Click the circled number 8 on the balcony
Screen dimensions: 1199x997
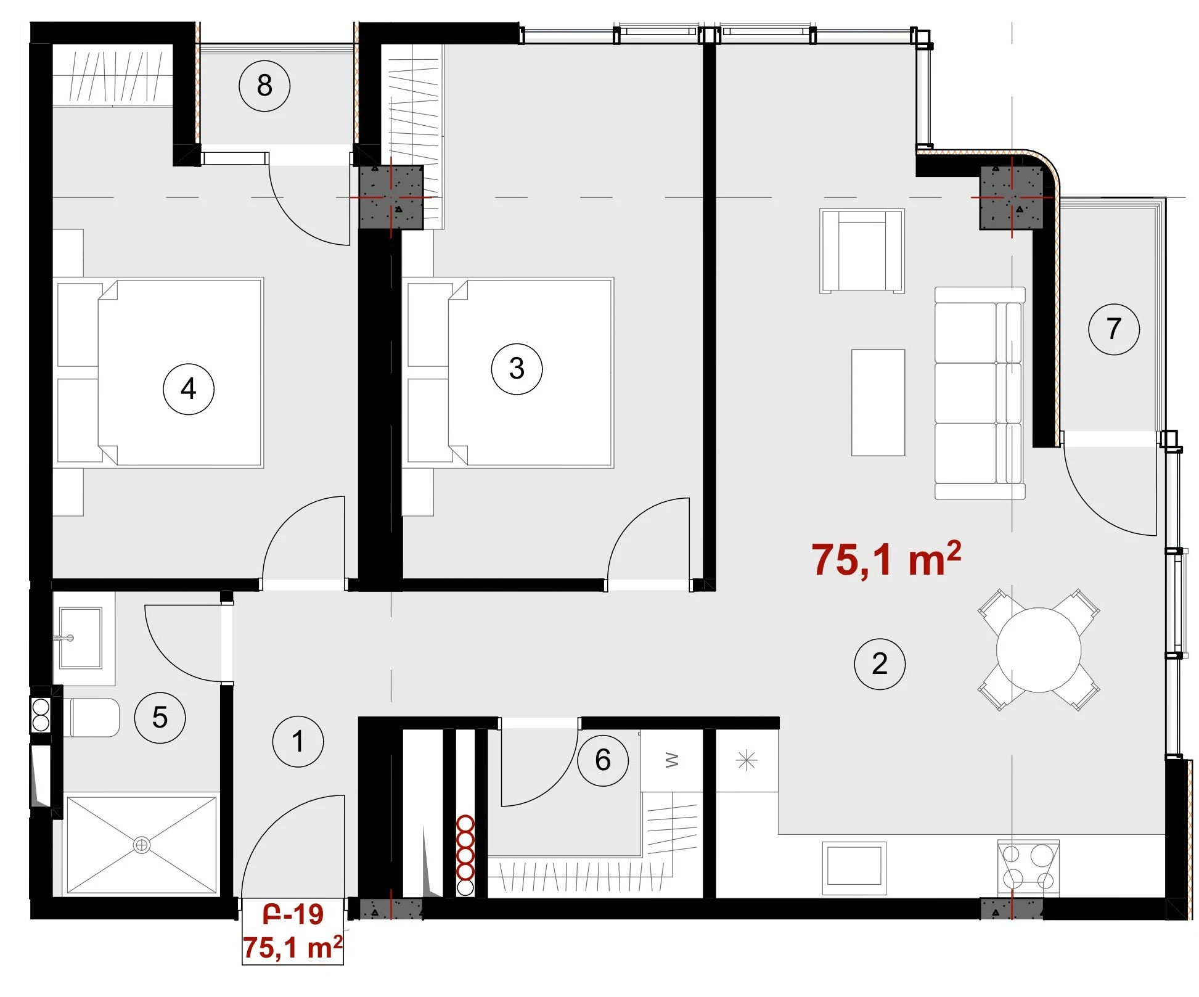pos(264,86)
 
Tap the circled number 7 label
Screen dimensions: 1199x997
pos(1114,329)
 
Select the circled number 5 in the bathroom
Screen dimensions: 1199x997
pos(160,718)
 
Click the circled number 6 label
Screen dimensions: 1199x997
pos(603,760)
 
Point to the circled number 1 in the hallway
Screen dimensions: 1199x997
pos(298,741)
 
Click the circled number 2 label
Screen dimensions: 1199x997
pos(880,663)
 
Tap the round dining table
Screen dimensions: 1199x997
pos(1039,650)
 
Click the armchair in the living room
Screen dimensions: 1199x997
pos(862,251)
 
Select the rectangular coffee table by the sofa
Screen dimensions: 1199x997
pos(878,403)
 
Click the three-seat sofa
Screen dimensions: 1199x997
pos(980,393)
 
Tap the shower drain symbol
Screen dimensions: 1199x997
pos(142,845)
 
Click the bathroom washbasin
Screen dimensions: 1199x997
pos(80,638)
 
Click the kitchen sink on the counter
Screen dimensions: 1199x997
pos(854,868)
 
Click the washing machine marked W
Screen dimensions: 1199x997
pos(672,761)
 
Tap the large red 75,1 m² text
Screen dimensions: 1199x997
pos(886,559)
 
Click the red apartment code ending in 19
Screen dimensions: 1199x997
pos(293,914)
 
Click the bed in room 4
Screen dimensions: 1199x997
pos(160,372)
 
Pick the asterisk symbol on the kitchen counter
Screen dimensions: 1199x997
pos(747,761)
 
